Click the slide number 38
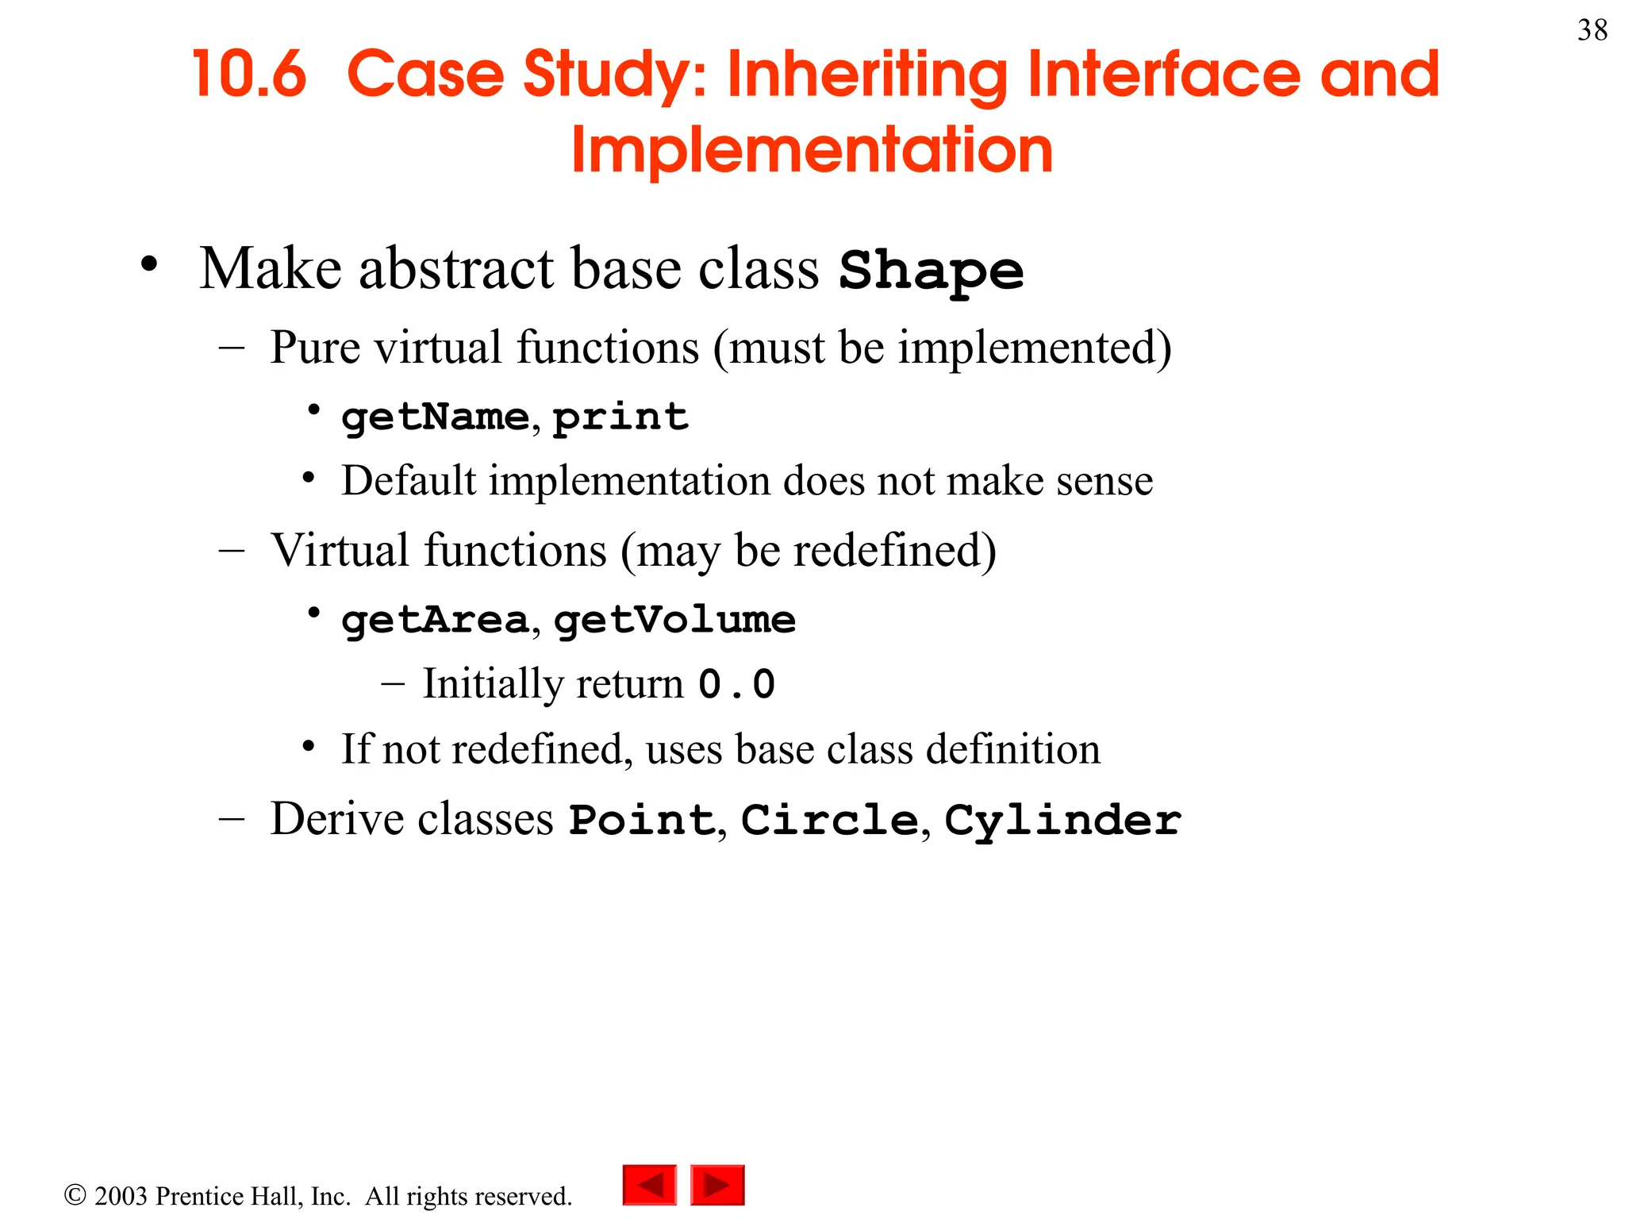[x=1592, y=31]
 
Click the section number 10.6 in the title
[x=249, y=75]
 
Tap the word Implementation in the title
[x=812, y=151]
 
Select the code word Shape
[x=932, y=271]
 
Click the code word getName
[x=435, y=417]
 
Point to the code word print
[x=620, y=417]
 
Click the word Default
[x=409, y=481]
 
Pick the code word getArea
[x=435, y=620]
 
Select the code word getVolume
[x=674, y=620]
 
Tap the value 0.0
[x=736, y=684]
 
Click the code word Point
[x=643, y=820]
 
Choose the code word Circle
[x=829, y=820]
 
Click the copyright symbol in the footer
[x=75, y=1195]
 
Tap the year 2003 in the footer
[x=121, y=1196]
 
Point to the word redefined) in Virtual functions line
[x=894, y=551]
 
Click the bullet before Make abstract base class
[x=149, y=264]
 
